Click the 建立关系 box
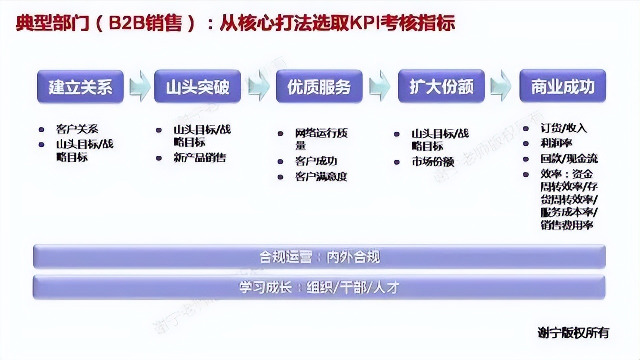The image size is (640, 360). click(x=80, y=87)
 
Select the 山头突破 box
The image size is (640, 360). click(x=198, y=87)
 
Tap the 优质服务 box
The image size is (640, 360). click(x=319, y=87)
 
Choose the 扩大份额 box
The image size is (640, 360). click(x=441, y=87)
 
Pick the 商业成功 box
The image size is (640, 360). click(x=563, y=87)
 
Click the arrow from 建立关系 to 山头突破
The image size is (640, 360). click(x=140, y=86)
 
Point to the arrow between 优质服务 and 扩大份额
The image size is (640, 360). click(x=380, y=86)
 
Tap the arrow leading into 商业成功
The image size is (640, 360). click(x=501, y=86)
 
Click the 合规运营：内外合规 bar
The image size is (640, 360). click(x=319, y=257)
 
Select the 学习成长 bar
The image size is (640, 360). click(x=319, y=288)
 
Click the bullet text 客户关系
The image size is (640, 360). click(x=77, y=129)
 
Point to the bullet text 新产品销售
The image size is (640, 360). click(x=200, y=158)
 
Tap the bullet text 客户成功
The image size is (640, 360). click(x=316, y=161)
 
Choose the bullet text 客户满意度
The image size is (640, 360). click(x=321, y=176)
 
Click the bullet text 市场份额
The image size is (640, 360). click(x=433, y=162)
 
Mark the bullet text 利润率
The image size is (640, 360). click(x=556, y=143)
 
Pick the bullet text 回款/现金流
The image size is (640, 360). click(x=568, y=159)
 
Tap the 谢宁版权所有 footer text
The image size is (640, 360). click(x=573, y=332)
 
